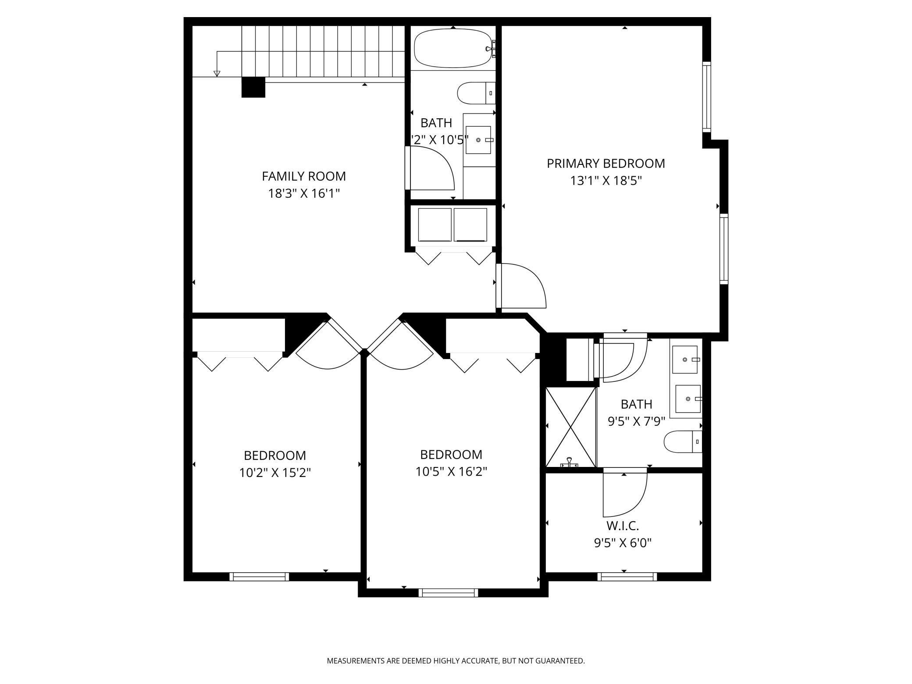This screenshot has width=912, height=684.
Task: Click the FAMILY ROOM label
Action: click(303, 176)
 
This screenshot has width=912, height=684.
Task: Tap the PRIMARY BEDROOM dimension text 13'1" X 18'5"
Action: click(606, 181)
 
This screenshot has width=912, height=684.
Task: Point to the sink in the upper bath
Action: click(478, 140)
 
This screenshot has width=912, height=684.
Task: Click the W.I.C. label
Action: click(622, 525)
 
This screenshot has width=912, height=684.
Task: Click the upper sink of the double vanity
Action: click(685, 360)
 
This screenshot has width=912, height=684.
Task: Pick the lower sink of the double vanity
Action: click(688, 399)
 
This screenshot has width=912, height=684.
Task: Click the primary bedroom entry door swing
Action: click(524, 285)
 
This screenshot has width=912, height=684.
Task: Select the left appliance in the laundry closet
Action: click(435, 224)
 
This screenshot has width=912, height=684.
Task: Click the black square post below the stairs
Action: click(253, 87)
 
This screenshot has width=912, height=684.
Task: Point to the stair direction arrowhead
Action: click(217, 74)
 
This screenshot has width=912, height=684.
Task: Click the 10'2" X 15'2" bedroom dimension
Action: click(275, 473)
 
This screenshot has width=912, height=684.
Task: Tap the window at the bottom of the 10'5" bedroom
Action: click(448, 593)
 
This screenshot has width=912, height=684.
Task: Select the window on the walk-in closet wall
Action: click(627, 577)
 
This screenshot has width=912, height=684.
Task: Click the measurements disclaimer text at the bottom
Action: click(456, 661)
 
